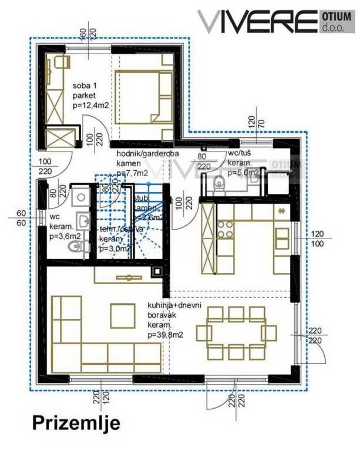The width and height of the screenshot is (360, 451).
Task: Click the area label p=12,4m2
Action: coord(90,105)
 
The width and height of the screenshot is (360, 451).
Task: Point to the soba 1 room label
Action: coord(85,86)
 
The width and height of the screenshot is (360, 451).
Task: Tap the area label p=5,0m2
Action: coord(243,173)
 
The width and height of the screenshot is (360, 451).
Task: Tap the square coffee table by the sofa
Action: coord(123,315)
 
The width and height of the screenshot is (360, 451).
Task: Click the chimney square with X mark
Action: coord(157,272)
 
